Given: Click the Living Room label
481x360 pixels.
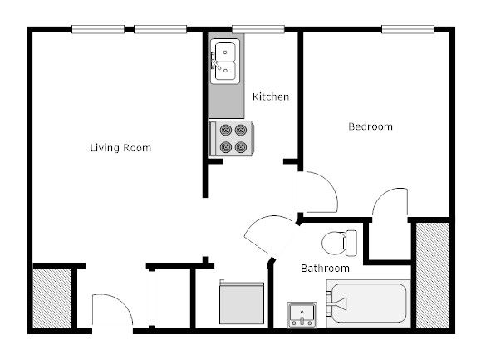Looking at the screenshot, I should point(120,148).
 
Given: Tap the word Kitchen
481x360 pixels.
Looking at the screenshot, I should point(271,97).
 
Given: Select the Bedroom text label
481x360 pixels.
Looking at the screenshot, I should point(370,126).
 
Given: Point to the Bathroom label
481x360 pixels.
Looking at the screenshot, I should point(324,269).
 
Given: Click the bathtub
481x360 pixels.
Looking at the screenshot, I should point(367,304).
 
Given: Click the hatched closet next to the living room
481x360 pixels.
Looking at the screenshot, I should point(52,298).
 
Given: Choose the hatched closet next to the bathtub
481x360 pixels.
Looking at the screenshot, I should point(431,274).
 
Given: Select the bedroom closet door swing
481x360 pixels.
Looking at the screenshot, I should point(390,203).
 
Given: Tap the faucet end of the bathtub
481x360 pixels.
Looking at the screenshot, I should point(337,304).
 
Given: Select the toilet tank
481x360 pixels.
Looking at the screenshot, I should point(351,243).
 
